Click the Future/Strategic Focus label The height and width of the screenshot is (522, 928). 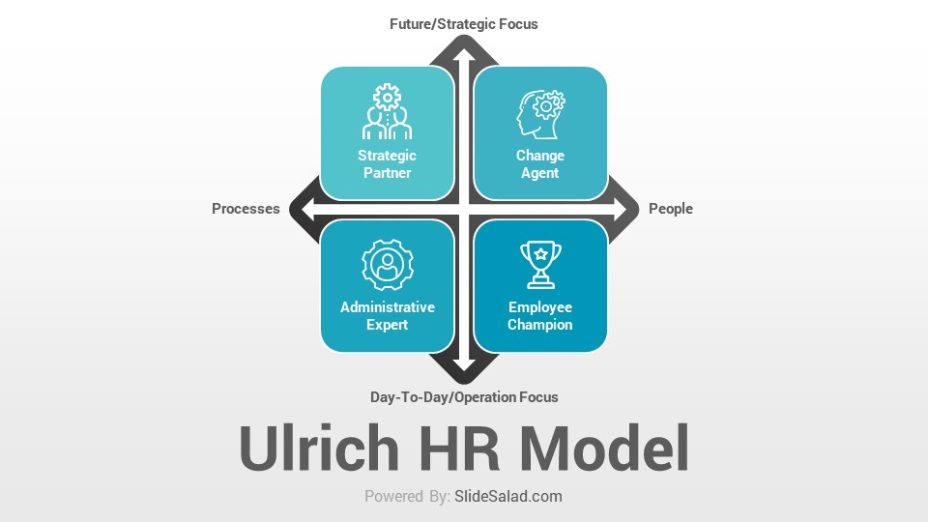(x=463, y=24)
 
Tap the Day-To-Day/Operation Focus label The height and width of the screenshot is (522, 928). (x=464, y=397)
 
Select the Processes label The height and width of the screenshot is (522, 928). (x=246, y=209)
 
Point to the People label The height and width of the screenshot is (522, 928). (x=671, y=209)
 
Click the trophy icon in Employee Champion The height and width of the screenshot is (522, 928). (x=540, y=265)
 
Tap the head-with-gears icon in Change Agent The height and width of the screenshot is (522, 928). (x=540, y=114)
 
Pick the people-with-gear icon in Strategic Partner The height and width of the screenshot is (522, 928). (x=387, y=111)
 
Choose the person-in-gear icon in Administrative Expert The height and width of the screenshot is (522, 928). (x=387, y=265)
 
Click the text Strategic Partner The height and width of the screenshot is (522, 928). (x=387, y=164)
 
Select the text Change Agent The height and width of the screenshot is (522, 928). (x=539, y=164)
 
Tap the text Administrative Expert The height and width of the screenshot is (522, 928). (x=387, y=315)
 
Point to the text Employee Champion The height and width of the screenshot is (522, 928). (x=539, y=315)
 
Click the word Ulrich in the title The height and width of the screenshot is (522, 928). (x=319, y=448)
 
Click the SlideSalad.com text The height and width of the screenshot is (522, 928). (x=508, y=496)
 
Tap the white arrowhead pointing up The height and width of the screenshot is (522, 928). (x=464, y=55)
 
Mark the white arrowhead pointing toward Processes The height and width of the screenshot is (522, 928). (x=307, y=209)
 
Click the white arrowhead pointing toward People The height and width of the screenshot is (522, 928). (x=621, y=209)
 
